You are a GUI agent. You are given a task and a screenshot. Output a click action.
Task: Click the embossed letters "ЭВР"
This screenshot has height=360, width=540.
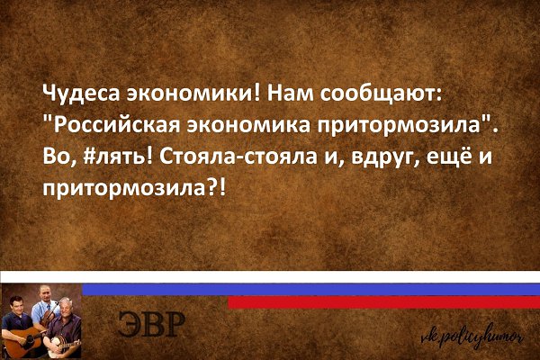pyautogui.click(x=151, y=324)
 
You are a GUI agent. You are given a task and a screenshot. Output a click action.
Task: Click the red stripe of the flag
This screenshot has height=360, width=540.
pyautogui.click(x=383, y=301)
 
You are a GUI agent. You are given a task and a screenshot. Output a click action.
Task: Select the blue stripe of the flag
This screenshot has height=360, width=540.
pyautogui.click(x=311, y=289)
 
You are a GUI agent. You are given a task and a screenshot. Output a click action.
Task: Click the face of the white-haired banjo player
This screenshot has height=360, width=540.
pyautogui.click(x=65, y=307)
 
